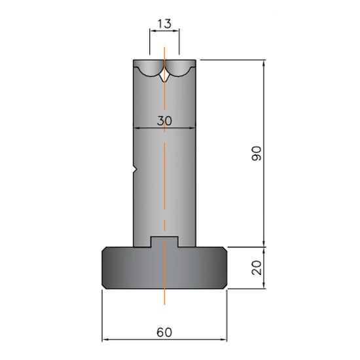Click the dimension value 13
click(164, 24)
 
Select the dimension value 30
click(164, 121)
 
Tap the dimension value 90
click(257, 153)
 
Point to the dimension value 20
click(257, 268)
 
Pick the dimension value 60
click(164, 333)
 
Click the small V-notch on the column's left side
click(135, 170)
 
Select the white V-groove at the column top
click(164, 77)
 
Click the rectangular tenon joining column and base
click(164, 242)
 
